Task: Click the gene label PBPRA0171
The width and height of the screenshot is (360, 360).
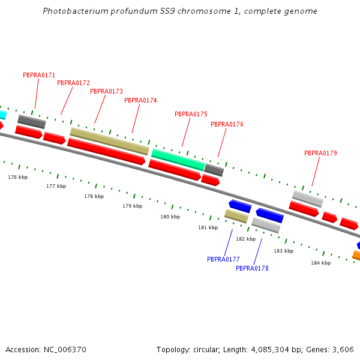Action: click(39, 75)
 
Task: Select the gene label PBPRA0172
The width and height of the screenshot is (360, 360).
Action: click(73, 83)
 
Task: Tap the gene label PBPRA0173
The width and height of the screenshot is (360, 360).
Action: click(106, 91)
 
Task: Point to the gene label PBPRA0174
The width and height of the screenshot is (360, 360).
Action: click(140, 100)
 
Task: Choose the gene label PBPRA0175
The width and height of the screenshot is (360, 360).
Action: click(191, 114)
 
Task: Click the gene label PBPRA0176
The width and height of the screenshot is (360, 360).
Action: click(227, 124)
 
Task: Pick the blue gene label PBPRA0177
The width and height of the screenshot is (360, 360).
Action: click(223, 259)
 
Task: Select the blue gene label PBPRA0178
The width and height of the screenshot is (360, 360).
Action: click(252, 268)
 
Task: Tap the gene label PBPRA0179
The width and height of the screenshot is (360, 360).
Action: click(320, 153)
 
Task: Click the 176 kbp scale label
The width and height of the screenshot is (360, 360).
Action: click(18, 177)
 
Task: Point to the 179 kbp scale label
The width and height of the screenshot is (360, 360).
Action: click(133, 206)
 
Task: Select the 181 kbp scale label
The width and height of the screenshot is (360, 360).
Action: click(208, 227)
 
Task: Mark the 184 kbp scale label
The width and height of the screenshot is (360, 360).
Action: click(320, 263)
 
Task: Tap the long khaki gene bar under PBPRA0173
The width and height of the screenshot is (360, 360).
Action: click(109, 140)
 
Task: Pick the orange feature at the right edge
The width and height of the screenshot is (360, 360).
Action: click(356, 256)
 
